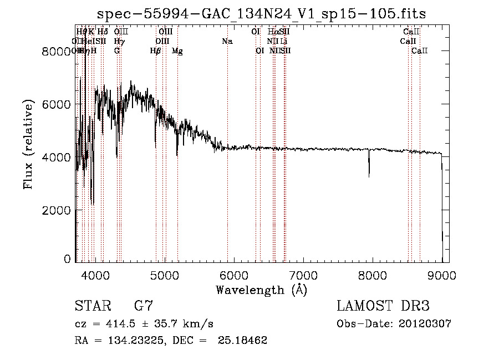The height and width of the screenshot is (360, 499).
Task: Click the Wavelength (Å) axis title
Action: [x=261, y=289]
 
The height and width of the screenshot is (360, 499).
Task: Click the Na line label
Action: [x=227, y=41]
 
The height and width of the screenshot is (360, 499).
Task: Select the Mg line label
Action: [x=177, y=51]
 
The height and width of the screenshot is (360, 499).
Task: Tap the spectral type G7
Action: [x=144, y=306]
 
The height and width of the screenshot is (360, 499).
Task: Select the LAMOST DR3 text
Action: [x=383, y=306]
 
